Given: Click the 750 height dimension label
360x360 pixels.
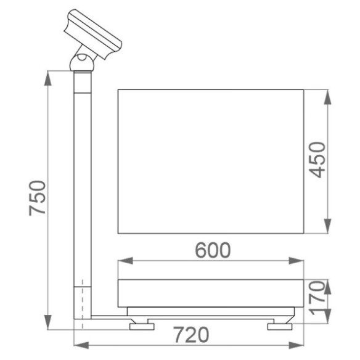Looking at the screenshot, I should (x=39, y=198).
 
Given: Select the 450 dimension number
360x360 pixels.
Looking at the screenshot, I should (x=317, y=160).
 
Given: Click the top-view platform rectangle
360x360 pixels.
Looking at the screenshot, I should (x=211, y=162).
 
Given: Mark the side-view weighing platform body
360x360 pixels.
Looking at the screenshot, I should (x=211, y=295).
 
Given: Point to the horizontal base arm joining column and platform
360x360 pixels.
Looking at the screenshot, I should (x=111, y=316).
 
